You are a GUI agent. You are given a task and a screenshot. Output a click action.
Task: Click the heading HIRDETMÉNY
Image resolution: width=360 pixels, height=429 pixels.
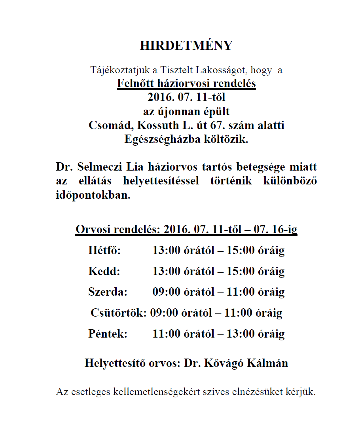[x=186, y=46]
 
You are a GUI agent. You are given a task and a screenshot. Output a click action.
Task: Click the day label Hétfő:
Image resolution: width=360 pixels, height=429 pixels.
[x=104, y=251]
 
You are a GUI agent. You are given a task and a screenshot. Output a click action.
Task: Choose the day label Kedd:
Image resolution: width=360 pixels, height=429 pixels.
[x=104, y=271]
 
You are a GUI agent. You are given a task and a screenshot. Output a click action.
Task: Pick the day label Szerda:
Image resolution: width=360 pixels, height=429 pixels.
[x=108, y=292]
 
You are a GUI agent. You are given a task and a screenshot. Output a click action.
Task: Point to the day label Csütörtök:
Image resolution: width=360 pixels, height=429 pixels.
[x=119, y=313]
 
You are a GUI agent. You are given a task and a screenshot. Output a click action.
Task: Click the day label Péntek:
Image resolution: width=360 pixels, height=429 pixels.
[x=108, y=334]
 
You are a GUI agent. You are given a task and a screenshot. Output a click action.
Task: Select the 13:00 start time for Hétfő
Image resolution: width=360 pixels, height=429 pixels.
[x=165, y=251]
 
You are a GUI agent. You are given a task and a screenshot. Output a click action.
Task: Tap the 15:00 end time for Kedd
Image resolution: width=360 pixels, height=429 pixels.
[x=240, y=271]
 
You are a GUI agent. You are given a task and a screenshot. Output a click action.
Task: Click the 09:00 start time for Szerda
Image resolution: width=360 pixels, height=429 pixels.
[x=165, y=292]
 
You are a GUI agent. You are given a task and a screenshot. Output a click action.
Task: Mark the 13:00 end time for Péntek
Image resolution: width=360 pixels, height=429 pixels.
[x=240, y=334]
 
